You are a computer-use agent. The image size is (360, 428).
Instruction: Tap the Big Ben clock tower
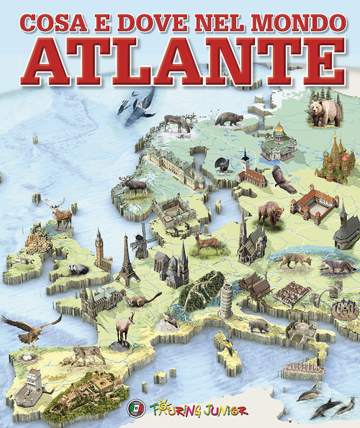[99, 248]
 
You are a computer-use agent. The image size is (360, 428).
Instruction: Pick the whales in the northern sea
[138, 106]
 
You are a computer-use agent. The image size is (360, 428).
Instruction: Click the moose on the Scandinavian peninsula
[135, 186]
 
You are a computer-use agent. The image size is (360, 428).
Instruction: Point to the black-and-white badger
[78, 269]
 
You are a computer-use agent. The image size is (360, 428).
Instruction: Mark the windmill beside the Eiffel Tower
[143, 241]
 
